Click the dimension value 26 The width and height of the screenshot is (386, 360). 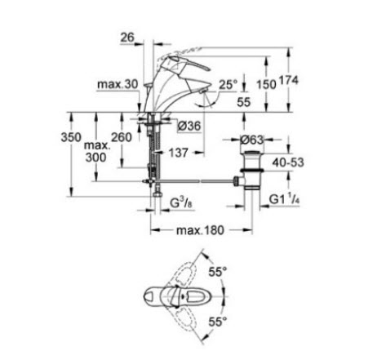pos(127,38)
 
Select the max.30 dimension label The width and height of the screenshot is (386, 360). pos(118,84)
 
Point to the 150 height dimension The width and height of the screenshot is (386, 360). pos(266,84)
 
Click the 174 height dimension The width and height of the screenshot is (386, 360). pos(289,81)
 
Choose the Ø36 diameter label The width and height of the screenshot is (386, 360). pos(189,126)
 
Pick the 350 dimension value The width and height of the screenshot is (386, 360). pos(71,137)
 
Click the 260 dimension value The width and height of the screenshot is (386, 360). pos(122,137)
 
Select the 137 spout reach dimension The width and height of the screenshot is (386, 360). pos(179,153)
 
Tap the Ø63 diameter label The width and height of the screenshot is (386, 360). pos(252,140)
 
